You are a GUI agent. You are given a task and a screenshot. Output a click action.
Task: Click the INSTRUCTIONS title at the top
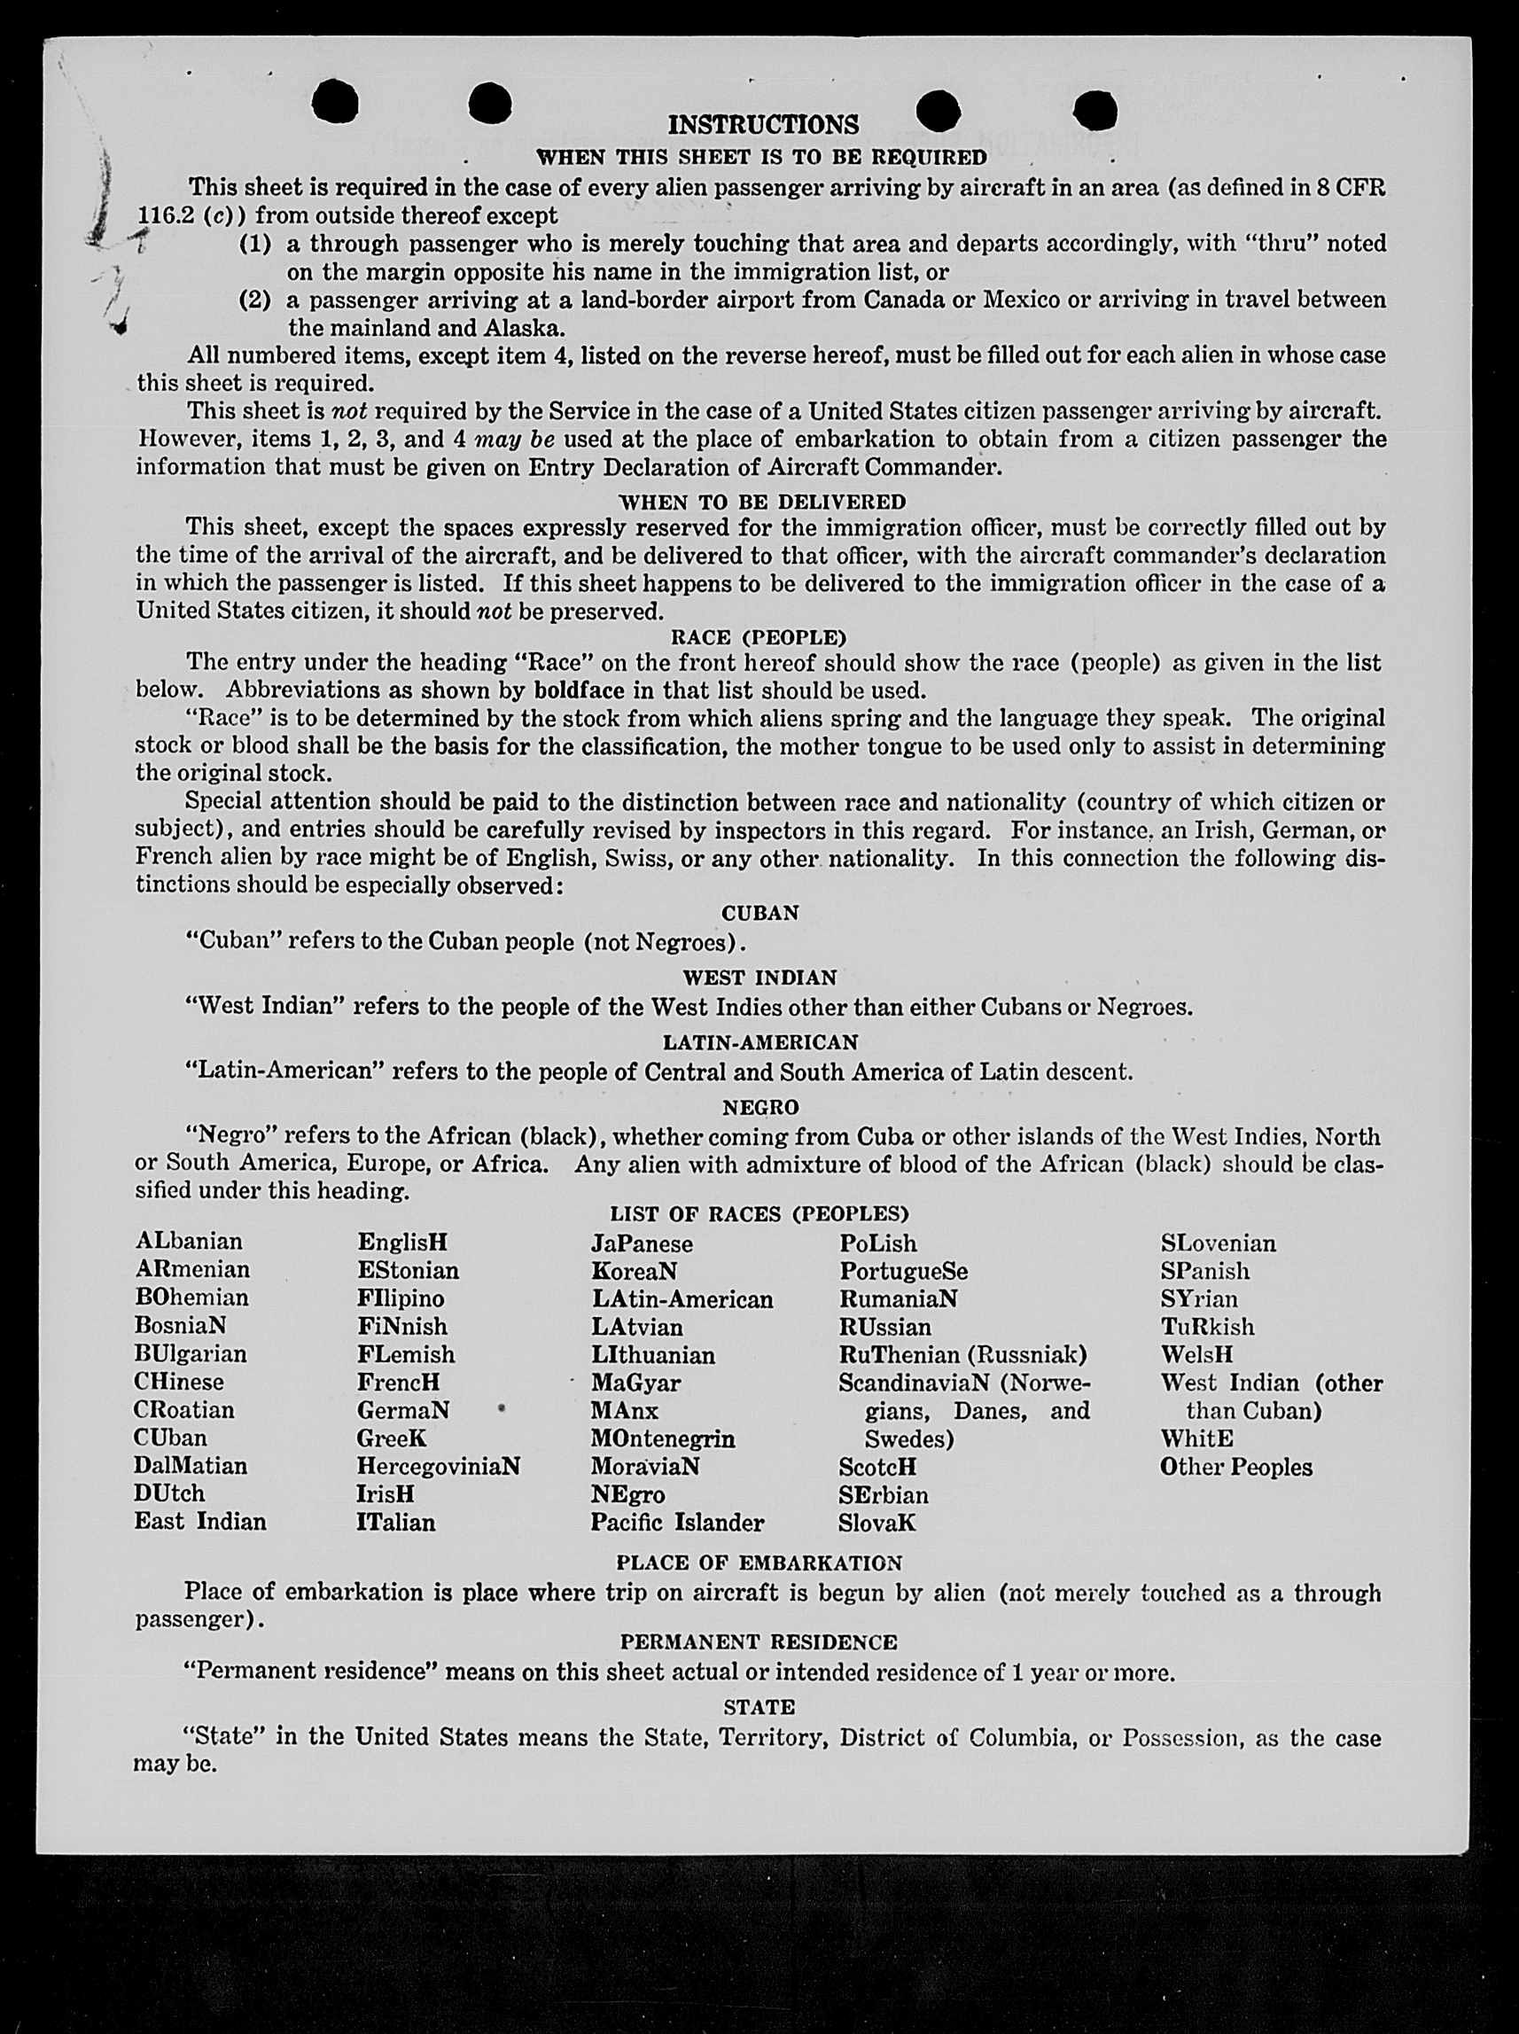pyautogui.click(x=762, y=124)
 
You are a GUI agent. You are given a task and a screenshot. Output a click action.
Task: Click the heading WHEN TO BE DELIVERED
pyautogui.click(x=762, y=502)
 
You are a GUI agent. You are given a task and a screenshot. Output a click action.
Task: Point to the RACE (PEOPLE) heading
pyautogui.click(x=759, y=637)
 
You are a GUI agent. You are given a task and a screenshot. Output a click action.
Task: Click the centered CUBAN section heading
pyautogui.click(x=759, y=913)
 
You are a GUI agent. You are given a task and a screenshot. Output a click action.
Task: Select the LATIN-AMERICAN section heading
pyautogui.click(x=759, y=1042)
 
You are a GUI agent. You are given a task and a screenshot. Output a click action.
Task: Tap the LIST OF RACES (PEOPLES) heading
pyautogui.click(x=759, y=1214)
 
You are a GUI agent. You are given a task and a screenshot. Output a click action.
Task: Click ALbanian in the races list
pyautogui.click(x=189, y=1242)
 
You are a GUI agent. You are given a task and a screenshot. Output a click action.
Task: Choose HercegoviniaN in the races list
pyautogui.click(x=439, y=1466)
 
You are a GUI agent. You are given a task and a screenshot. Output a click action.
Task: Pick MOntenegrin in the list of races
pyautogui.click(x=663, y=1438)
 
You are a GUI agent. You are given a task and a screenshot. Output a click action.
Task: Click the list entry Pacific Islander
pyautogui.click(x=677, y=1523)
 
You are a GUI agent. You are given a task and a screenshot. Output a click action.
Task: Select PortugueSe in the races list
pyautogui.click(x=903, y=1271)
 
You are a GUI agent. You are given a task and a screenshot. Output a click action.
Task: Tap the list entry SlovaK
pyautogui.click(x=876, y=1523)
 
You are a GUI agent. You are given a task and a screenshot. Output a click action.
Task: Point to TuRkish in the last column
pyautogui.click(x=1207, y=1327)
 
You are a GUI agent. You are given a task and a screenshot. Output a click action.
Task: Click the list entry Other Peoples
pyautogui.click(x=1235, y=1467)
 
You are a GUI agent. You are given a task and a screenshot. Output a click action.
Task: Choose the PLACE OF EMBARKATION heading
pyautogui.click(x=759, y=1563)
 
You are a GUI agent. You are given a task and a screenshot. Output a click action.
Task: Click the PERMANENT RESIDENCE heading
pyautogui.click(x=759, y=1642)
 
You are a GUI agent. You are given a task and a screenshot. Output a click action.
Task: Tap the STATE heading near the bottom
pyautogui.click(x=759, y=1708)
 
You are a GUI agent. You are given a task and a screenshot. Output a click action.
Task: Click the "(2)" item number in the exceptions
pyautogui.click(x=254, y=300)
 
